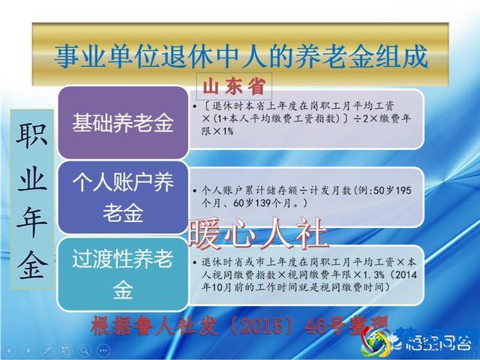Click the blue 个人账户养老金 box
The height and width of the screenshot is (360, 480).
[x=122, y=196]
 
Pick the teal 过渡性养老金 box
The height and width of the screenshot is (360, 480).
[x=122, y=274]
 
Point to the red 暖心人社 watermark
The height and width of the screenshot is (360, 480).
[x=259, y=233]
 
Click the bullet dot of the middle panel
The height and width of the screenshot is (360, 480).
[x=196, y=191]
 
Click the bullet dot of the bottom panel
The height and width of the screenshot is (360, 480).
[x=196, y=262]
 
